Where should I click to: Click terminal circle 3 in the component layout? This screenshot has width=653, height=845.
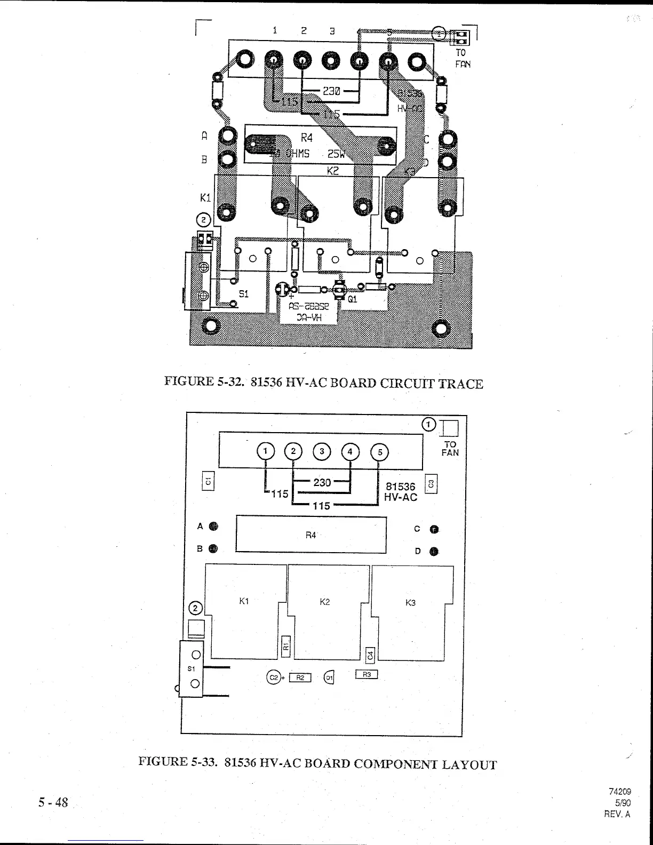click(x=322, y=451)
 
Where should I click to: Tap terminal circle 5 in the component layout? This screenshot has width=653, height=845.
click(x=380, y=452)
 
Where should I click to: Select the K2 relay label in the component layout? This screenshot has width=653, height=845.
click(x=324, y=602)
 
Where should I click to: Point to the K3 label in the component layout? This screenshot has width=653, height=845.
click(x=410, y=603)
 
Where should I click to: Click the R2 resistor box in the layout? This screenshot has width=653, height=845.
click(x=300, y=677)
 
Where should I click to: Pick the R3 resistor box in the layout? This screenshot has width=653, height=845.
click(x=367, y=675)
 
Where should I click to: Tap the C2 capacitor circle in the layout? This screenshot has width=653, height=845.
click(x=273, y=677)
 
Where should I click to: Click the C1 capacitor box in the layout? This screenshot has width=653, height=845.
click(x=209, y=480)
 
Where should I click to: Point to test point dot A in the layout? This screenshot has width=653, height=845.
click(x=213, y=527)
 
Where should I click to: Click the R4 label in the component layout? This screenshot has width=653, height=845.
click(x=311, y=535)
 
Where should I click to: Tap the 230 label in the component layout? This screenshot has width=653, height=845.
click(x=322, y=482)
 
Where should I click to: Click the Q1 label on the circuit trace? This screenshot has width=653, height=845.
click(x=352, y=299)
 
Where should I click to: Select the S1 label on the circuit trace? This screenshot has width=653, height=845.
click(x=243, y=293)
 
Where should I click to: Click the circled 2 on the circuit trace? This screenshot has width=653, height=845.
click(x=204, y=219)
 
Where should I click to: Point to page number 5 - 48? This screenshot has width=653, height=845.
click(x=53, y=802)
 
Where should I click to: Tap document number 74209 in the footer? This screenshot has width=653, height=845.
click(x=620, y=792)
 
